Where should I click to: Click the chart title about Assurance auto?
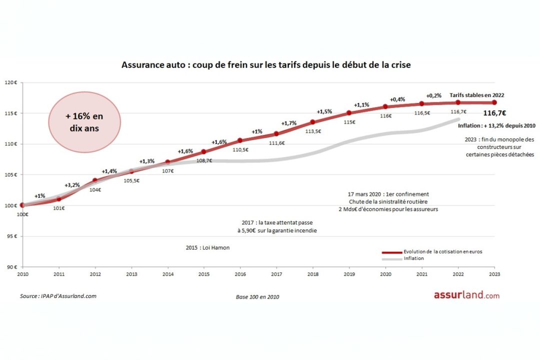(266, 65)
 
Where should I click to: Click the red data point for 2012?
(95, 180)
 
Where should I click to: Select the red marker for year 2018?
(312, 122)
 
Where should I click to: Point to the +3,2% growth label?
(72, 185)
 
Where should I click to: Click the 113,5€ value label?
(312, 131)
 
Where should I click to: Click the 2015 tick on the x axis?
(203, 274)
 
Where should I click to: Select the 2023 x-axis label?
(494, 274)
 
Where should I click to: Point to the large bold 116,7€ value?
(494, 113)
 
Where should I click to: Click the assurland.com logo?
(466, 295)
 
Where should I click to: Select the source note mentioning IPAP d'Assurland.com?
(58, 296)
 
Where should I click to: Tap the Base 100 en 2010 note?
(257, 296)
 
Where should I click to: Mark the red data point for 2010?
(22, 205)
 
